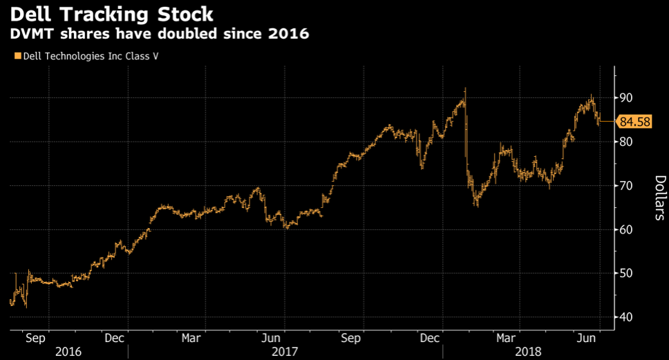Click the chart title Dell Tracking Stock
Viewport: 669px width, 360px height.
pos(111,13)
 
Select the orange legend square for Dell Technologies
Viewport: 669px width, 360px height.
pos(17,55)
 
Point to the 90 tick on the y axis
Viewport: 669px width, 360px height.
pos(626,97)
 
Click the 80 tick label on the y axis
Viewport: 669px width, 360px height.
pos(626,142)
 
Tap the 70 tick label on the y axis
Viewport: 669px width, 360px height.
pos(626,185)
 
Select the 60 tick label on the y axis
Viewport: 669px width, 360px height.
pos(626,229)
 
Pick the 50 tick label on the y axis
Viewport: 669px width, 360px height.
pos(626,273)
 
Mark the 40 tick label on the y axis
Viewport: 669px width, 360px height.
pos(626,317)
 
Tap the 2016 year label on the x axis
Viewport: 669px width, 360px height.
pos(68,352)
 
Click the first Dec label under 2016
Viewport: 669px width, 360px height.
pos(115,339)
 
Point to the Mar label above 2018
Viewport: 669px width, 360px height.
pos(508,339)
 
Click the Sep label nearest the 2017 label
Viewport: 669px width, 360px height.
pos(351,339)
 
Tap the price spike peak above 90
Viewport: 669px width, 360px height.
pos(465,88)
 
